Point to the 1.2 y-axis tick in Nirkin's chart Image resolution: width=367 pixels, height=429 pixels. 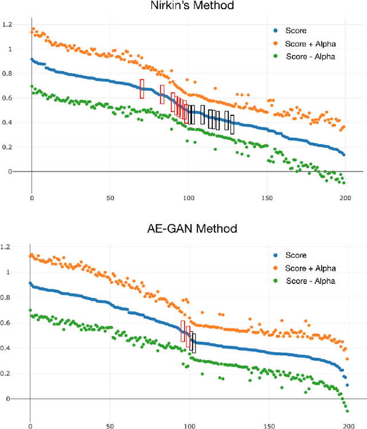(x=7, y=25)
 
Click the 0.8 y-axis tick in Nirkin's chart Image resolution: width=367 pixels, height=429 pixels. (x=7, y=73)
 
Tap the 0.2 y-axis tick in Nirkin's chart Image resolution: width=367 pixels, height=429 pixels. (x=7, y=147)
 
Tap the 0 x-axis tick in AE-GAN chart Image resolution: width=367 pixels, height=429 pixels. (x=30, y=426)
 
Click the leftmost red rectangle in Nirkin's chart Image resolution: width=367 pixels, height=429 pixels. (x=142, y=89)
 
